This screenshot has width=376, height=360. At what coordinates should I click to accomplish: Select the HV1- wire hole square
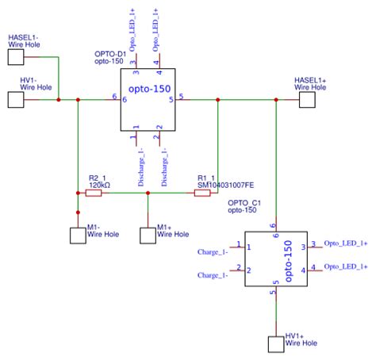pos(17,99)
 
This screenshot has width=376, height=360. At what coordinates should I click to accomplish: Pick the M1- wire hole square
pos(78,236)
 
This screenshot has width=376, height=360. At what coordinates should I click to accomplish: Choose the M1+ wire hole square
pos(148,235)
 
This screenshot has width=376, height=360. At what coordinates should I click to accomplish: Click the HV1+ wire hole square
pos(275,344)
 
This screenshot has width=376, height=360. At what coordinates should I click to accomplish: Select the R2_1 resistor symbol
pos(93,193)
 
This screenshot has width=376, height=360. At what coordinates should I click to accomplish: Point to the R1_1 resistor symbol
pos(202,193)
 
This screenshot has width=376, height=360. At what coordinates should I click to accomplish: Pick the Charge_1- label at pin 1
pos(213,252)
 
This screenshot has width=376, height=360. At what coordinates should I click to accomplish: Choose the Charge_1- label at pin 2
pos(213,274)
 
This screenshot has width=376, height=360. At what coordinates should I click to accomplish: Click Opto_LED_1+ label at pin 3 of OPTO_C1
pos(346,245)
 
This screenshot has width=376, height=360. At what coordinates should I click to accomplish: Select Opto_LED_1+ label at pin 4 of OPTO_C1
pos(346,266)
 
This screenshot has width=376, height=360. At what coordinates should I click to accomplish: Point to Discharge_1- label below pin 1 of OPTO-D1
pos(140,167)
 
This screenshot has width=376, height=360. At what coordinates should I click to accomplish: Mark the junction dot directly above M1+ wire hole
pos(148,193)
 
